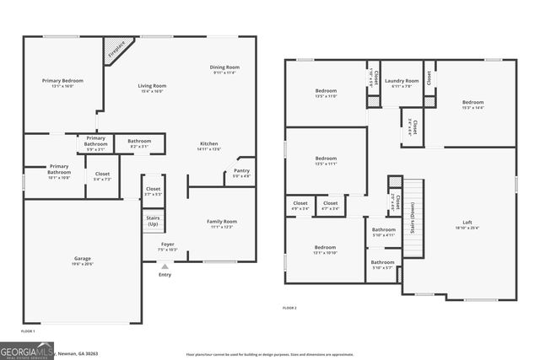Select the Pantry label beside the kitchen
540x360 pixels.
point(240,173)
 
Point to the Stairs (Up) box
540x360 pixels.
point(153,221)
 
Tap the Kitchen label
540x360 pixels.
point(208,145)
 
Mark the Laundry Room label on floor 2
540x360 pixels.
point(402,83)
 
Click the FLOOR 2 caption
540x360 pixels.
point(289,309)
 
